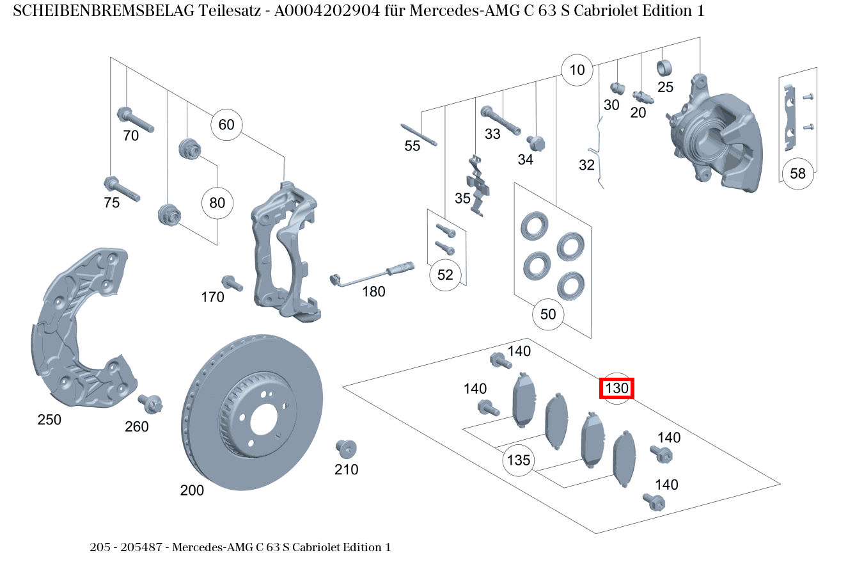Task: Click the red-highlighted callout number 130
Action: (x=616, y=388)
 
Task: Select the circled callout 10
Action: (x=577, y=70)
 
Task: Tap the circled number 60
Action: (x=226, y=124)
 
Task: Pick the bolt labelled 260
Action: (x=152, y=404)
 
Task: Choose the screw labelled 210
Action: (x=346, y=448)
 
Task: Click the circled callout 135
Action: (x=518, y=460)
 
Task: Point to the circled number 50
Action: (x=548, y=314)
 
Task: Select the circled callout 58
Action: (x=797, y=173)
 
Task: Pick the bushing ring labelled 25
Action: (x=665, y=67)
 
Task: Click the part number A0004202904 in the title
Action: (x=333, y=11)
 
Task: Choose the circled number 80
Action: (x=217, y=204)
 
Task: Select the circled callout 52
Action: (x=445, y=275)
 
